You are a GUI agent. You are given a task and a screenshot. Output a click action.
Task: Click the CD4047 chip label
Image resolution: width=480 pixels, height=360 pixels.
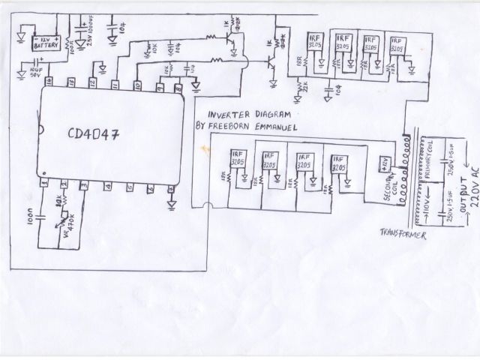(x=96, y=134)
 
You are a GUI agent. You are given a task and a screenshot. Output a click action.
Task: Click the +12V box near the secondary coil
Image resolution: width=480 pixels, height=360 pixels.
(x=379, y=160)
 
